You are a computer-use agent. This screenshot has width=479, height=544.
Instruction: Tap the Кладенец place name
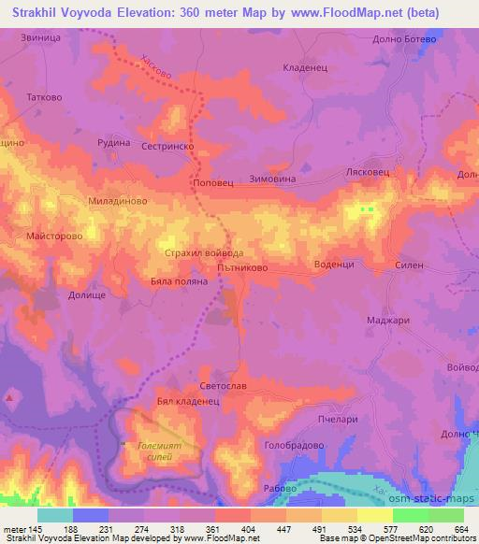coord(302,68)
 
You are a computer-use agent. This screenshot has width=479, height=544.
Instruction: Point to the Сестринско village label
coord(167,147)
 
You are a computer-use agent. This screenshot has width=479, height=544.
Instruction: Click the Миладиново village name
coord(115,201)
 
